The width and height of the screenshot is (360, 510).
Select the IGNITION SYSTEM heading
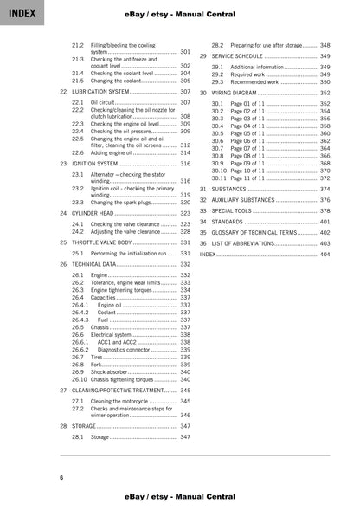pyautogui.click(x=94, y=163)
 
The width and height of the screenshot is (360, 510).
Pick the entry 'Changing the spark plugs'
pyautogui.click(x=122, y=202)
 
